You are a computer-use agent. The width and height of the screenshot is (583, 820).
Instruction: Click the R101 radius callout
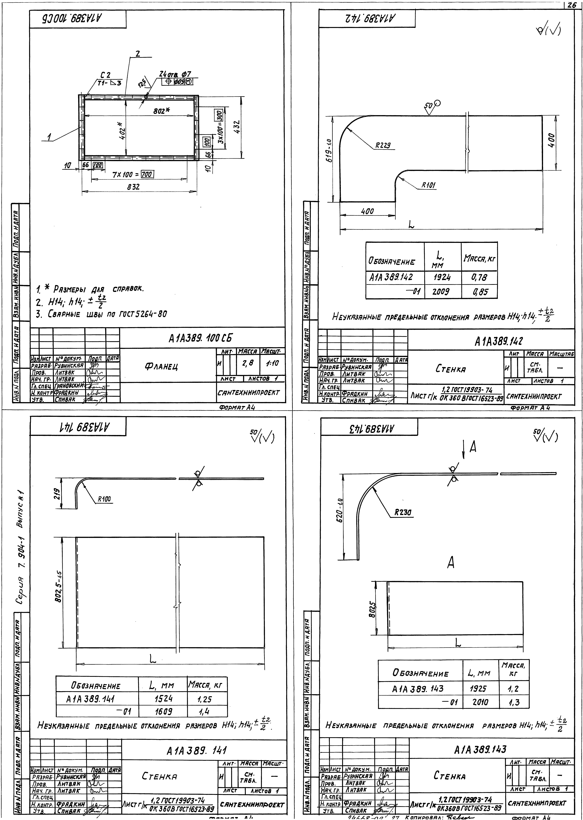click(x=428, y=185)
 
